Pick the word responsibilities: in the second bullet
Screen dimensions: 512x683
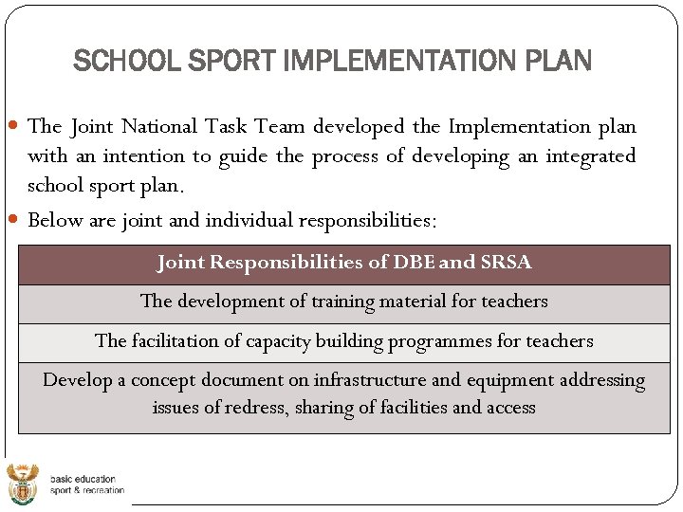click(x=368, y=221)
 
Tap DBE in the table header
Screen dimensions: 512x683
click(x=413, y=263)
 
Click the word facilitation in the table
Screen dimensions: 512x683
click(x=177, y=340)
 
